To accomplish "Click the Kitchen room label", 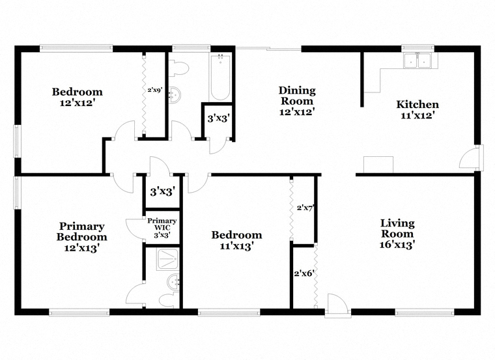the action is pyautogui.click(x=417, y=104).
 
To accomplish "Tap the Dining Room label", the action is pyautogui.click(x=297, y=96).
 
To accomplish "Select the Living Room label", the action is pyautogui.click(x=397, y=228).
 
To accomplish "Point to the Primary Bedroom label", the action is pyautogui.click(x=82, y=232).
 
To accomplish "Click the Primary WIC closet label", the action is pyautogui.click(x=162, y=224).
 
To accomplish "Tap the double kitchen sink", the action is pyautogui.click(x=417, y=61).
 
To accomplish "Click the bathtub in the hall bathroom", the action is pyautogui.click(x=220, y=77).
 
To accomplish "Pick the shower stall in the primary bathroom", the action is pyautogui.click(x=169, y=258).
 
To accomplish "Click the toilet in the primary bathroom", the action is pyautogui.click(x=169, y=299).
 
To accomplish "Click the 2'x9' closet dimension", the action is pyautogui.click(x=155, y=90).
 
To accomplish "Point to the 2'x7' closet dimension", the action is pyautogui.click(x=305, y=208).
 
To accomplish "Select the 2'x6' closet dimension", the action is pyautogui.click(x=304, y=273).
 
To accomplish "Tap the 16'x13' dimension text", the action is pyautogui.click(x=397, y=245).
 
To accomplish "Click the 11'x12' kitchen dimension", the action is pyautogui.click(x=416, y=115).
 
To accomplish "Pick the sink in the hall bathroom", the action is pyautogui.click(x=175, y=94).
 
